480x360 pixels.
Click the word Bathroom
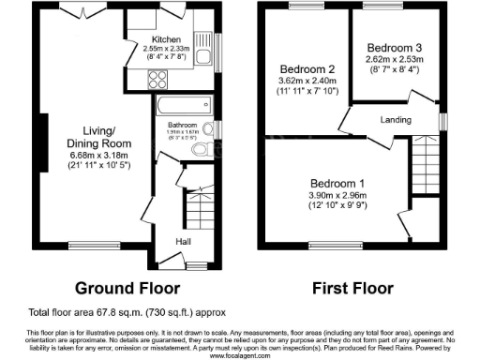pos(182,125)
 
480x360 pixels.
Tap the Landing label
pos(397,119)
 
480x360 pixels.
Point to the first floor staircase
pos(427,153)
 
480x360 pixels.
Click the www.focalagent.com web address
pos(239,355)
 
